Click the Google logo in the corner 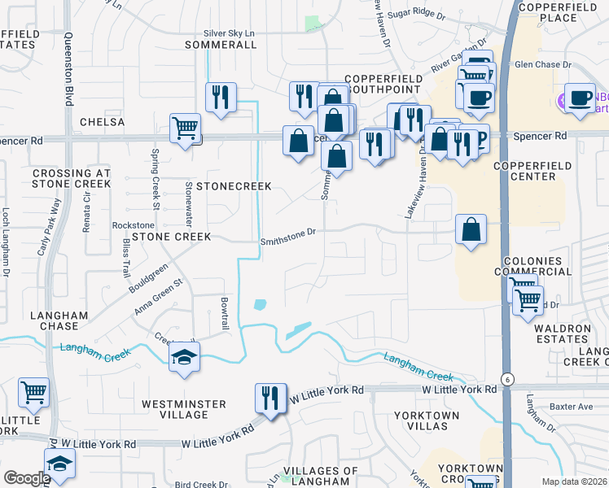click(26, 478)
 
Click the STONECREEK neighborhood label click(231, 186)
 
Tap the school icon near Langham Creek click(185, 358)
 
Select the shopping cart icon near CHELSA click(186, 128)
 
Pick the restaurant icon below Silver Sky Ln click(221, 98)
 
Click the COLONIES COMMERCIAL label click(528, 267)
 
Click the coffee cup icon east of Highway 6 click(579, 98)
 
